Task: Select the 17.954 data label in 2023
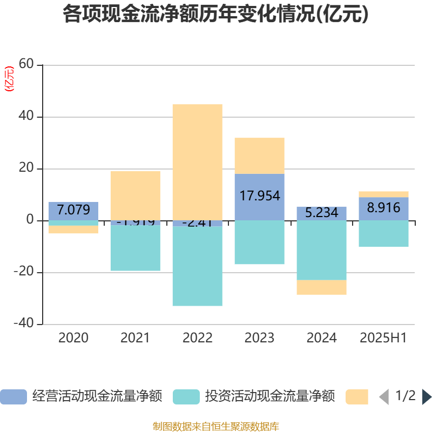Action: (260, 195)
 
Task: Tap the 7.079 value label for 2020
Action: (73, 210)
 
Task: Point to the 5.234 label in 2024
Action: (322, 213)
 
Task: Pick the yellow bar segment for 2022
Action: (197, 162)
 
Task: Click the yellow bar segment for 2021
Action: (135, 195)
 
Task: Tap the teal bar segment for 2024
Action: (322, 251)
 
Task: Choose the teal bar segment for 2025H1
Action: (383, 234)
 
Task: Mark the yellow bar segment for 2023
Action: (260, 156)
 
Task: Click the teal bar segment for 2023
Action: (260, 242)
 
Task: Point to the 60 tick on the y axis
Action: (26, 65)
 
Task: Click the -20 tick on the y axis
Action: (24, 272)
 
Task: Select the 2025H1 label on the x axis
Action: (383, 338)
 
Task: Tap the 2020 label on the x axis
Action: (73, 338)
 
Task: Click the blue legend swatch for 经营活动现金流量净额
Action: (13, 397)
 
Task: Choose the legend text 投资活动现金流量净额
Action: (270, 397)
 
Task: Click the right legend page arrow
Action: (427, 397)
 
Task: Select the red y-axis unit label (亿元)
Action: (9, 79)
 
